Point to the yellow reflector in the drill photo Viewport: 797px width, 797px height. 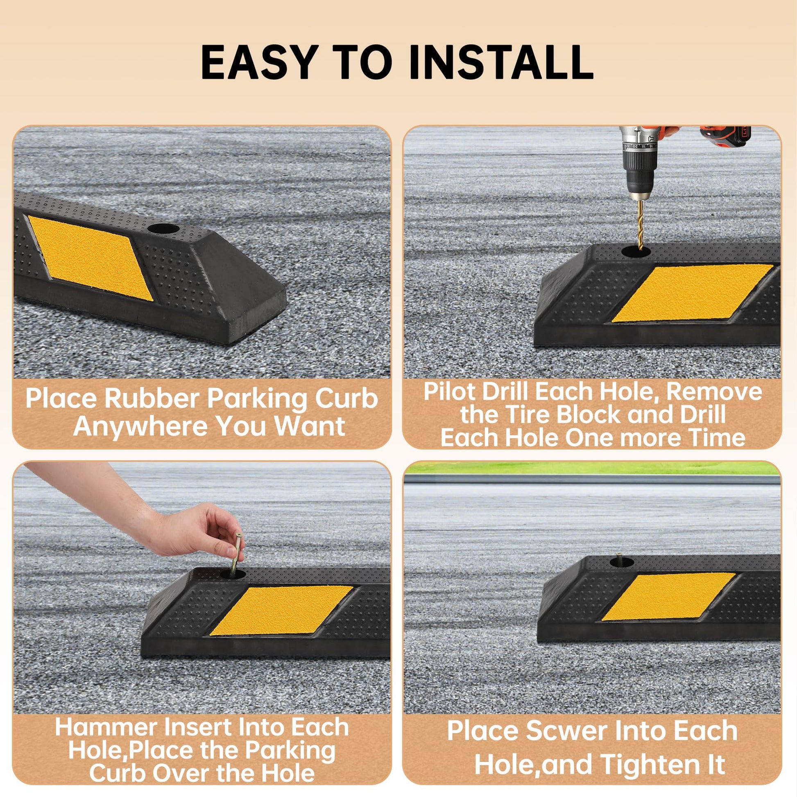pos(692,293)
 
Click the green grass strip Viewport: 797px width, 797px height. pos(592,468)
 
